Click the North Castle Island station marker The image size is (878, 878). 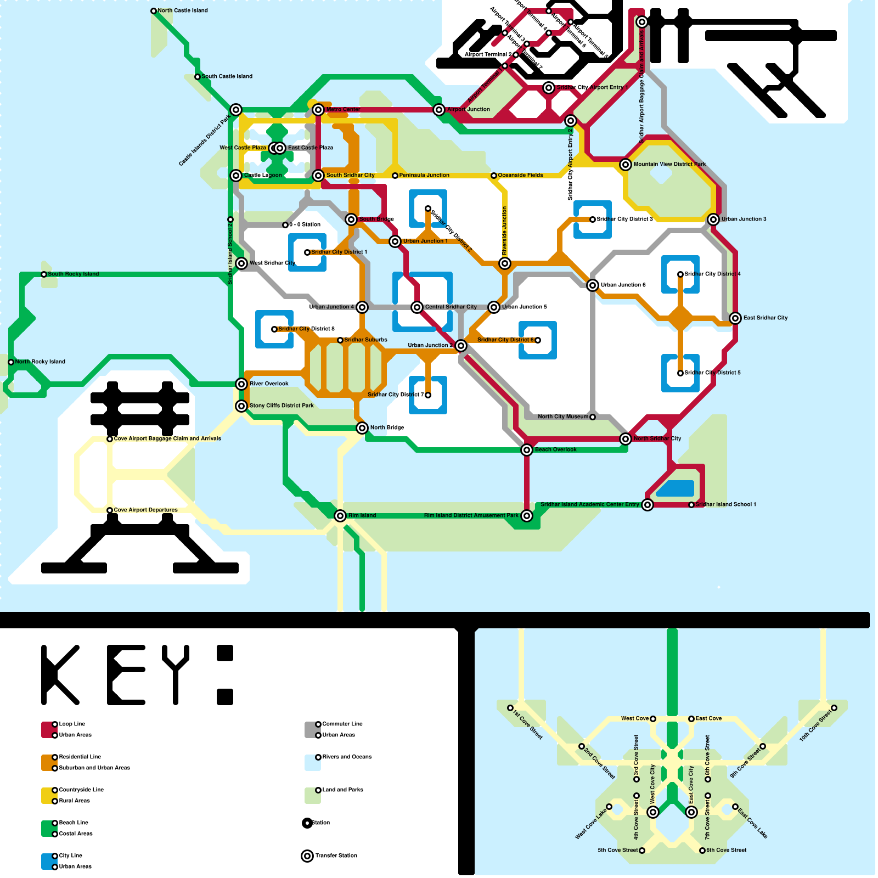154,11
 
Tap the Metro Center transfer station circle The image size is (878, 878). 318,110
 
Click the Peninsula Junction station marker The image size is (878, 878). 395,176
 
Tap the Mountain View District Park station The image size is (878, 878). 626,165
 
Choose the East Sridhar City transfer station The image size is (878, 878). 735,318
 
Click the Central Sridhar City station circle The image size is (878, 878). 417,307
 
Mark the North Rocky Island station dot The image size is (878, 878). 11,362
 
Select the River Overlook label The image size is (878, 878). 269,384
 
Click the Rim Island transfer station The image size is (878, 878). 340,516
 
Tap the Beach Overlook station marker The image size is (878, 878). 527,450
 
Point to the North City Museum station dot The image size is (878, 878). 593,417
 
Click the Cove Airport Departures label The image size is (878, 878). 145,510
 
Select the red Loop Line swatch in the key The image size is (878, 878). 49,730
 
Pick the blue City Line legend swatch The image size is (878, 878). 49,862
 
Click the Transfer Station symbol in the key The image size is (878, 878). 307,856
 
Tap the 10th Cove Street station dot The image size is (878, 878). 834,708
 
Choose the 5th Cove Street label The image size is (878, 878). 617,850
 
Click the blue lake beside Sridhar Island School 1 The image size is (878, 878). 675,488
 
